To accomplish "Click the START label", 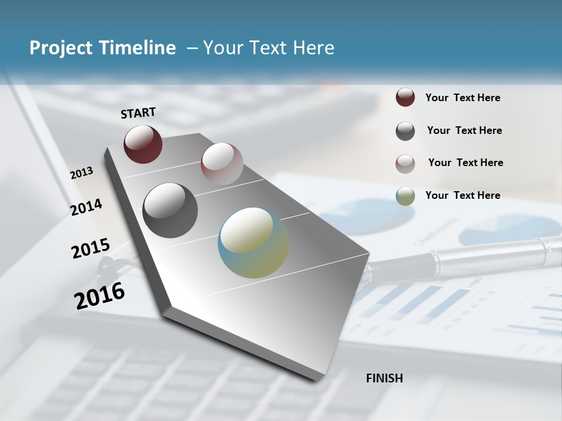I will (x=138, y=113).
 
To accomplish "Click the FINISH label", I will (x=385, y=378).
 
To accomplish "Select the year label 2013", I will (x=82, y=173).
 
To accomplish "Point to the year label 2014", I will (x=87, y=208).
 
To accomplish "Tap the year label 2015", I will (x=91, y=249).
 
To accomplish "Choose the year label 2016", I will (x=100, y=295).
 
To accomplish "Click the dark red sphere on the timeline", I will (x=143, y=144).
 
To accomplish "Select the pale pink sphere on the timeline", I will (x=222, y=164).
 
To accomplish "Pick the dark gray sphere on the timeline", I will (x=170, y=210).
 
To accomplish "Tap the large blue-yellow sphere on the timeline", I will (x=253, y=243).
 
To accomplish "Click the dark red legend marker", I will (x=405, y=98).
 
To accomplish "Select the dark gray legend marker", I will (x=405, y=131).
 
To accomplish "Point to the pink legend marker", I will (x=405, y=164).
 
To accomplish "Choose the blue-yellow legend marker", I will (x=405, y=196).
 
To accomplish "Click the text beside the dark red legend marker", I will (x=462, y=98).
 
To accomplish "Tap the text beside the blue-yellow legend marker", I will (x=462, y=195).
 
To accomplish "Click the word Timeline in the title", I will (x=138, y=48).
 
